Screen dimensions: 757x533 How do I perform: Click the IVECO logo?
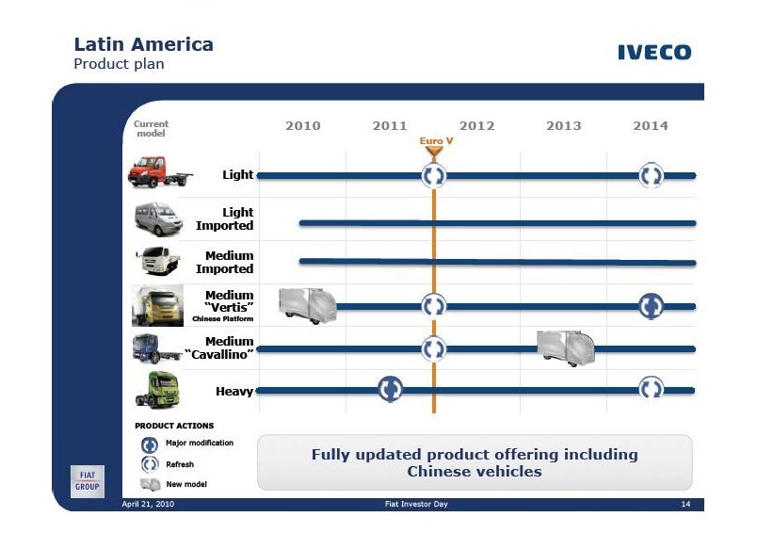(x=654, y=52)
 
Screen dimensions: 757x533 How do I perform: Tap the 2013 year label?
(x=563, y=125)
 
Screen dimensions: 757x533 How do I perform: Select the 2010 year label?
(x=302, y=125)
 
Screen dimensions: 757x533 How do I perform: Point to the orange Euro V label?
(x=436, y=140)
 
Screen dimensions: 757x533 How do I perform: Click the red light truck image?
(x=160, y=172)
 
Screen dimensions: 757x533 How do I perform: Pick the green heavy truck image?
(x=157, y=390)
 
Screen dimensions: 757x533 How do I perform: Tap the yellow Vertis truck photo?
(x=158, y=306)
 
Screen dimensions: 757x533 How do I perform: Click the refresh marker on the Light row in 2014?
(x=651, y=175)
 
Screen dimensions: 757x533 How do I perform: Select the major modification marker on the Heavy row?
(x=390, y=389)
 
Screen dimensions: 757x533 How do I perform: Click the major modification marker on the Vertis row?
(x=651, y=306)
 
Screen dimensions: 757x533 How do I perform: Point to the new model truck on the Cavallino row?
(x=566, y=348)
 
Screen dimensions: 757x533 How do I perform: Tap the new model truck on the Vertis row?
(x=308, y=306)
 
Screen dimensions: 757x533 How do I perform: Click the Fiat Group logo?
(x=88, y=481)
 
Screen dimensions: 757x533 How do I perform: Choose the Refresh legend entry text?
(x=180, y=464)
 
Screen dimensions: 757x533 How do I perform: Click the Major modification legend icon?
(x=149, y=444)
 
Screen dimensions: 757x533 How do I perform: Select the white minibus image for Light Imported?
(x=158, y=219)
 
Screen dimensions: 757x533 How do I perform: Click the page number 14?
(x=685, y=504)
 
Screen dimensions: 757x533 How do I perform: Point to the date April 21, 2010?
(x=148, y=504)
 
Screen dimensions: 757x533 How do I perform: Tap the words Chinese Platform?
(x=222, y=318)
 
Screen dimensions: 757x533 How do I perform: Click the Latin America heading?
(x=143, y=44)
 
